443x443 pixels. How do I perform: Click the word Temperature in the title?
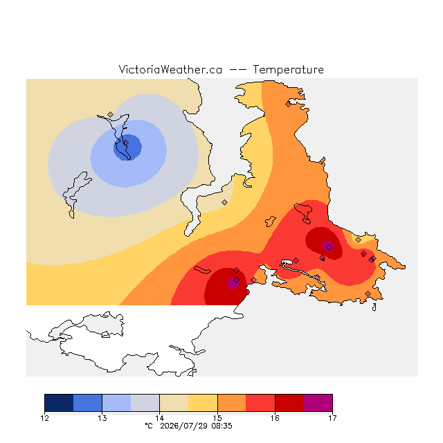click(288, 70)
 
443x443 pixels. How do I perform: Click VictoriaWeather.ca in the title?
click(170, 70)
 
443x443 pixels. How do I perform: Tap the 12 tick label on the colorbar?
click(44, 418)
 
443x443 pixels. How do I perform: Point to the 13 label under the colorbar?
click(102, 418)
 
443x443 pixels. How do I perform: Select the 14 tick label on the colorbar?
click(160, 418)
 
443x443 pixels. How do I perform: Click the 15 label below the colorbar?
click(217, 418)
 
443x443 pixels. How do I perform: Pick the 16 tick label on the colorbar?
click(275, 418)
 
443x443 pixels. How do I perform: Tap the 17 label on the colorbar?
click(332, 418)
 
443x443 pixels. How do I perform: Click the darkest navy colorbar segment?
click(59, 403)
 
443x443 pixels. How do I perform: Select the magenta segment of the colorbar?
click(318, 403)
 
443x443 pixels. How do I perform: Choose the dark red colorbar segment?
click(289, 403)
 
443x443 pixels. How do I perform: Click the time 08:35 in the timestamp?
click(221, 426)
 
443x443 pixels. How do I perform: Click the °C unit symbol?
click(149, 426)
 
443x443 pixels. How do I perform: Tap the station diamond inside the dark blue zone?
click(126, 143)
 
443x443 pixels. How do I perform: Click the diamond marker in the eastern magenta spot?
click(329, 248)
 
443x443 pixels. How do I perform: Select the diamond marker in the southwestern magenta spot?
click(236, 280)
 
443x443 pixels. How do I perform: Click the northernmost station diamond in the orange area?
click(288, 105)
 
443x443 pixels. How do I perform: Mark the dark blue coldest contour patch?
click(127, 147)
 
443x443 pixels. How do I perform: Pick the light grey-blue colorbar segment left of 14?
click(145, 403)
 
